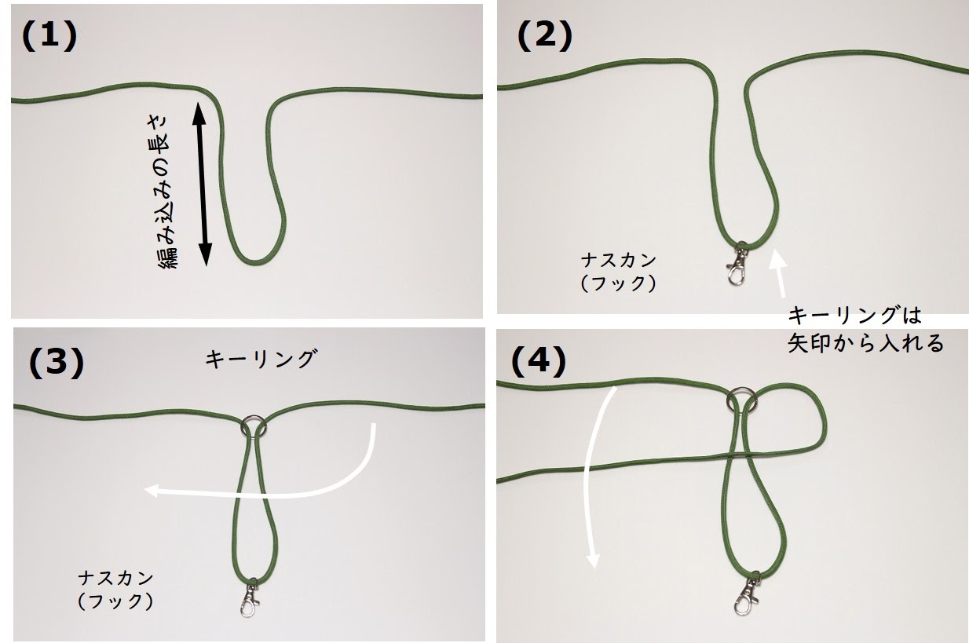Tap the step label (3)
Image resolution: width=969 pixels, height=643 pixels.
57,363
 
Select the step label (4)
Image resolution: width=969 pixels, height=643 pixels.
538,362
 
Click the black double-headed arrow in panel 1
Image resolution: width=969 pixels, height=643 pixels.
202,184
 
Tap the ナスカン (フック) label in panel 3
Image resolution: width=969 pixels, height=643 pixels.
115,590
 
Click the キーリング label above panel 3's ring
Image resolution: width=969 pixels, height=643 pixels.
261,359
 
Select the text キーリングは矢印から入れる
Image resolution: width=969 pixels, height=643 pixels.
865,330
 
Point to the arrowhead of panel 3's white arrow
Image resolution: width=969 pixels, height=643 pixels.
152,491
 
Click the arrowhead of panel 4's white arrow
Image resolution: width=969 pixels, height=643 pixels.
593,561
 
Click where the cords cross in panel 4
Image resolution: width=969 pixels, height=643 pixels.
737,455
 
